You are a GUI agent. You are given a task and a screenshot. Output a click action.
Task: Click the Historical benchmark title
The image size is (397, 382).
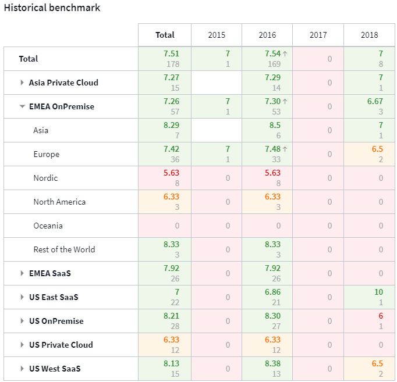click(x=52, y=8)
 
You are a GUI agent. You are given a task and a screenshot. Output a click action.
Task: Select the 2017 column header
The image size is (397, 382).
click(x=318, y=35)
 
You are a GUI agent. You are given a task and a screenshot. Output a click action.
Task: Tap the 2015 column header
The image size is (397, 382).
click(x=217, y=35)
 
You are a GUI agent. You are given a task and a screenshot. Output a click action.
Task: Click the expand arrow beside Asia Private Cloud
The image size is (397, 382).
click(x=22, y=83)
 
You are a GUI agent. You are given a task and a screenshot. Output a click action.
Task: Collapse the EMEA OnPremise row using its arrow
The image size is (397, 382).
click(x=22, y=106)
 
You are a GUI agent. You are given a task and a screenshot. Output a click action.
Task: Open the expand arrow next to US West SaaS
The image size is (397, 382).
click(x=22, y=369)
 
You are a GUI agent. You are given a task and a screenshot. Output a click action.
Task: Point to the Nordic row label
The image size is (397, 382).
click(x=45, y=178)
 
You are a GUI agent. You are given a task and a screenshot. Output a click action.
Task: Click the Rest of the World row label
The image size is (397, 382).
click(x=64, y=249)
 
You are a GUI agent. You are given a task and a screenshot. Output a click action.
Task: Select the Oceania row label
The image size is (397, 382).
click(x=48, y=226)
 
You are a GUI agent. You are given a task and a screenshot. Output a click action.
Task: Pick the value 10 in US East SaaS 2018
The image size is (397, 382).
click(x=378, y=292)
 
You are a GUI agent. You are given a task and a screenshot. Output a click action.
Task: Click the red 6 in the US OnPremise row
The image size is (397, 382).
click(x=381, y=316)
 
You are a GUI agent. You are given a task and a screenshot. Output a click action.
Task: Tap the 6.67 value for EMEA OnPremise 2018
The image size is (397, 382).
click(x=375, y=101)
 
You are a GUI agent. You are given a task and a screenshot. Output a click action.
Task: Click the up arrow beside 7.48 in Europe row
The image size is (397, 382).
click(x=285, y=149)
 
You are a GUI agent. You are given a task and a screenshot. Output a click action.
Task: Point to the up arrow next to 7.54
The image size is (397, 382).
click(x=285, y=53)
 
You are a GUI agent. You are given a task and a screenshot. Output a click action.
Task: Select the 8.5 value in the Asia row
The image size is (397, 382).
click(x=275, y=125)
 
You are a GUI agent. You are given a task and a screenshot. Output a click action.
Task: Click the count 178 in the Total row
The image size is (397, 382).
click(x=173, y=64)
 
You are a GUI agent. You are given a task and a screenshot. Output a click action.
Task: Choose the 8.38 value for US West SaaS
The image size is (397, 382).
click(x=272, y=363)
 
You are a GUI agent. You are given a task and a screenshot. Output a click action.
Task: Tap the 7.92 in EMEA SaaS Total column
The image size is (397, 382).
click(x=171, y=268)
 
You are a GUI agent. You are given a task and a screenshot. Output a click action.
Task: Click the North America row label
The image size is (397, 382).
click(x=60, y=202)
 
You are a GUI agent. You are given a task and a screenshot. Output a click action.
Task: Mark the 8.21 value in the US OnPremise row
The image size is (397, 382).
click(x=171, y=316)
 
